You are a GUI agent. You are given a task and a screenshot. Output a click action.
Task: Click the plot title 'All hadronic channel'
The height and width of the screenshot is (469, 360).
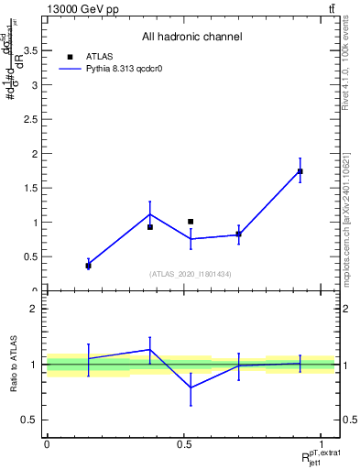pos(191,38)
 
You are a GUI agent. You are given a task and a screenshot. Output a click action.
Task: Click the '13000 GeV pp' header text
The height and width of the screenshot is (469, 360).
pos(80,9)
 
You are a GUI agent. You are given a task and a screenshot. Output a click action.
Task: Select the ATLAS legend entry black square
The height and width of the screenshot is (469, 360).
pos(70,56)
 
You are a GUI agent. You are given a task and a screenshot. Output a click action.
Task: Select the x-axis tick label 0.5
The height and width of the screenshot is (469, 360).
pos(184,444)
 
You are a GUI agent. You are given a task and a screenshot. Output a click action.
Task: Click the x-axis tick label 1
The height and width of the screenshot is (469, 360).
pos(322,444)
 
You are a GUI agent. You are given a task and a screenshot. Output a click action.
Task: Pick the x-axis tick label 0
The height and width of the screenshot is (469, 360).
pos(47,444)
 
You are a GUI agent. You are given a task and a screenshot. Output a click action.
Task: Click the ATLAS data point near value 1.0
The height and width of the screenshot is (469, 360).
pos(191,222)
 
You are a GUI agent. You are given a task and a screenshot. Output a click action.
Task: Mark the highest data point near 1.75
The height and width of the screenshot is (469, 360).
pos(300,171)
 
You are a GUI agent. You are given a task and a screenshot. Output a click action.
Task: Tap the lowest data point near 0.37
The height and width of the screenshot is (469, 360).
pos(89,266)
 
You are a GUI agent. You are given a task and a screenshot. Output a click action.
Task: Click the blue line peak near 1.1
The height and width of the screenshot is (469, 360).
pos(150,214)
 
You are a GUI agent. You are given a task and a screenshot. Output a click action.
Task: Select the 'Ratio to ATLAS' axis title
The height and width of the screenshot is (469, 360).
pos(13,365)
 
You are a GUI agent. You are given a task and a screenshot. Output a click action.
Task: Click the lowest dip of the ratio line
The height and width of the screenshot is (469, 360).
pos(191,387)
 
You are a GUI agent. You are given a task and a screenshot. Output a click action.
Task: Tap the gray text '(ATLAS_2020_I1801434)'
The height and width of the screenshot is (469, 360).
pos(191,274)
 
